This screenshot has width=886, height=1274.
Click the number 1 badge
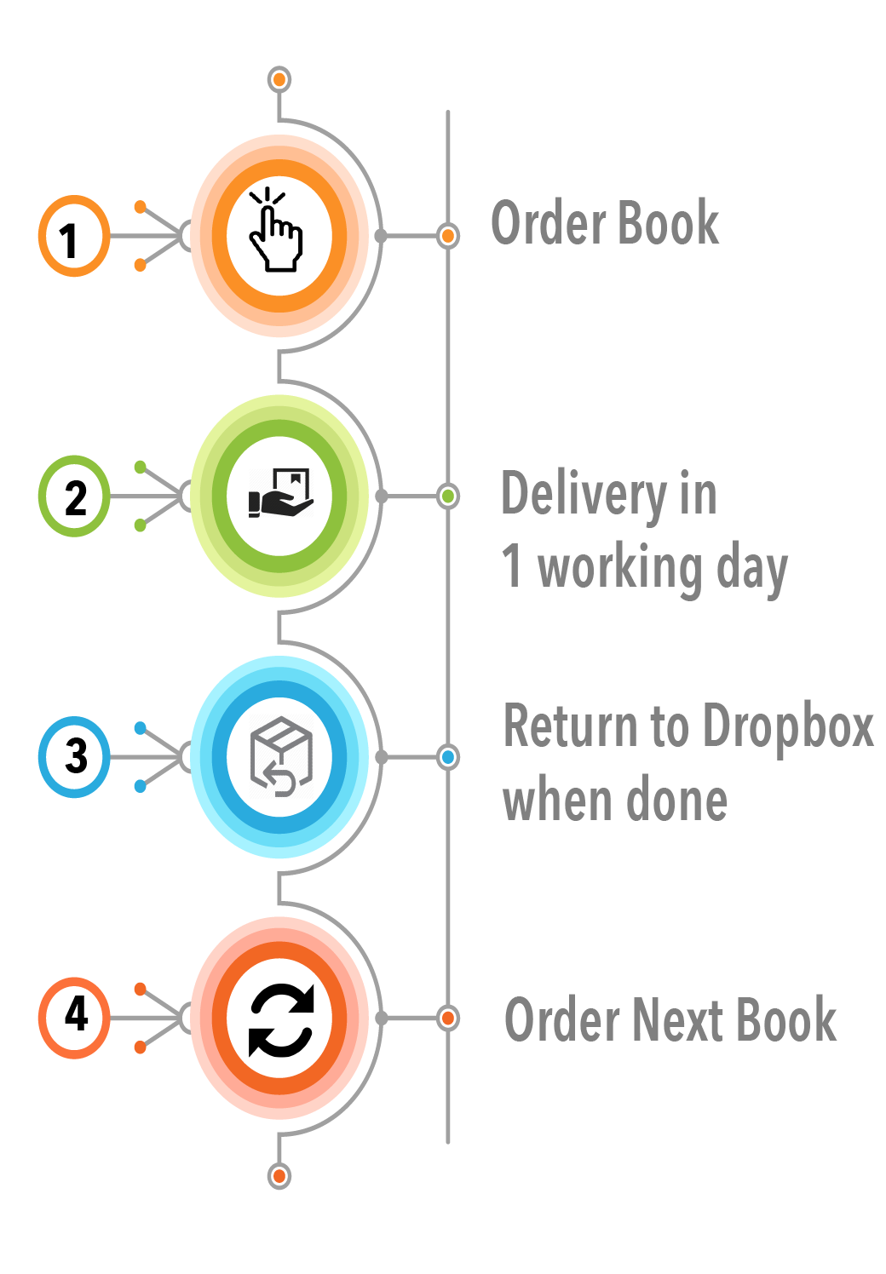point(74,236)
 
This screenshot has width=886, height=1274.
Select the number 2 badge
point(74,496)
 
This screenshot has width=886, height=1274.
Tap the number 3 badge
point(74,757)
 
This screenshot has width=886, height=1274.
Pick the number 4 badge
point(74,1018)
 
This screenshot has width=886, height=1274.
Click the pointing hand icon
point(276,229)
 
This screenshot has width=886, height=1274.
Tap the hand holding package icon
point(280,493)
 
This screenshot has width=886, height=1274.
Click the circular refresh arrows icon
point(281,1021)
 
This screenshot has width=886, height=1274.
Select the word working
point(619,570)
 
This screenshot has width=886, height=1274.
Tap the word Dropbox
point(788,726)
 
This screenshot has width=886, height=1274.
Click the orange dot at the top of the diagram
point(279,80)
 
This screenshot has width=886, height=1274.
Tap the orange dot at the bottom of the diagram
point(279,1176)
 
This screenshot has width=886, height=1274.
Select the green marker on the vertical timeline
point(448,496)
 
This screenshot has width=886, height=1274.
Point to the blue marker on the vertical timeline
point(448,757)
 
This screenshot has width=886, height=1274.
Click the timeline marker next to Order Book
point(448,235)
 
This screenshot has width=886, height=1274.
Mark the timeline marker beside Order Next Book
point(448,1018)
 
